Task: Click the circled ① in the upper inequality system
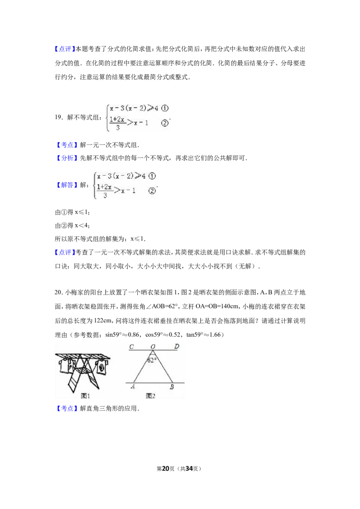tap(165, 108)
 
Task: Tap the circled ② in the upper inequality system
tap(165, 123)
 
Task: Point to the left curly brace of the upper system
tap(107, 116)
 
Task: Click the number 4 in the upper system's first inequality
tap(156, 108)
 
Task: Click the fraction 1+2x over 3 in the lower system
tap(104, 191)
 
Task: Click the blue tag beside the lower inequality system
tap(67, 185)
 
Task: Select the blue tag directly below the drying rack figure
tap(67, 408)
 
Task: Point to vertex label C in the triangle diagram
tap(131, 347)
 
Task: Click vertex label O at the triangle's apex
tap(153, 347)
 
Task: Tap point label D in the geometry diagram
tap(176, 347)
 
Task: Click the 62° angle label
tap(152, 360)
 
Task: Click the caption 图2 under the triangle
tap(151, 396)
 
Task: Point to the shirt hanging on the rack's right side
tap(101, 367)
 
